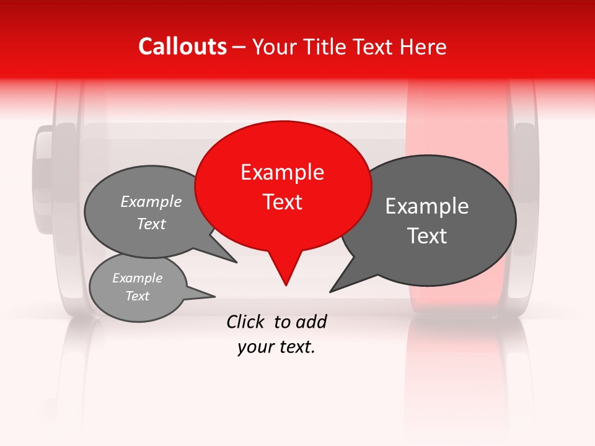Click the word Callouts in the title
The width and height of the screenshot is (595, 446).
point(182,46)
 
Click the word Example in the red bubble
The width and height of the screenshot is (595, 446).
point(282,172)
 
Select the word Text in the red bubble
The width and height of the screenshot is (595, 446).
point(283,202)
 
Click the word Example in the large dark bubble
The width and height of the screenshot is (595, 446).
point(427,206)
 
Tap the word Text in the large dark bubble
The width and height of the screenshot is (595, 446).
point(427,236)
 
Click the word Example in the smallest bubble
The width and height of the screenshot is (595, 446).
point(138,278)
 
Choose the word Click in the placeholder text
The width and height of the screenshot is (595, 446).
point(246,321)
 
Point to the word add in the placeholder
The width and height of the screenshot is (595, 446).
point(311,321)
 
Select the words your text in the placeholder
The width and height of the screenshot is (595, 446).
point(276,348)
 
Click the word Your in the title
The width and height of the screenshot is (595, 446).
point(275,46)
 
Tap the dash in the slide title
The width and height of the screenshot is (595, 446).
point(240,46)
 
